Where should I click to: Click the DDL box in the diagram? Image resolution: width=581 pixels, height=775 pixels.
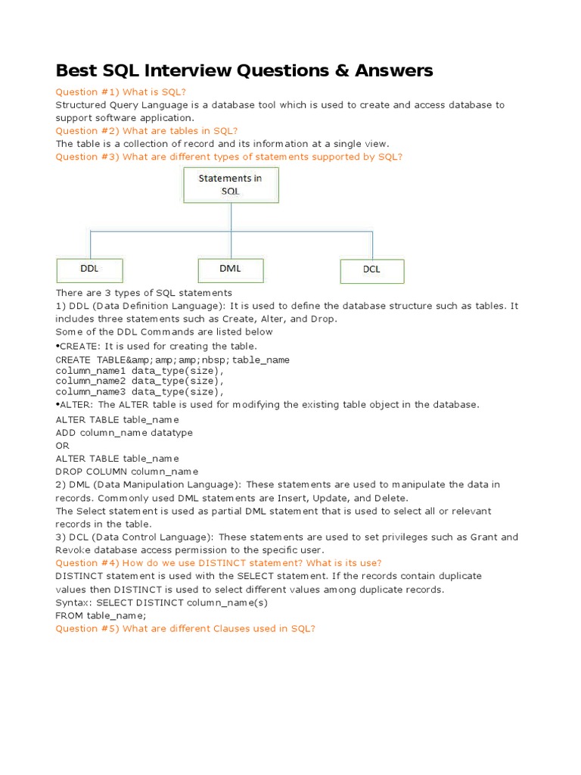(89, 270)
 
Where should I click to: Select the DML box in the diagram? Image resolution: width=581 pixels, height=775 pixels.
(231, 270)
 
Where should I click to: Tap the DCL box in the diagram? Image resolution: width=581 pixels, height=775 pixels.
(371, 271)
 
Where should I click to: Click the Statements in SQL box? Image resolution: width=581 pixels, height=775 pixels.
(231, 185)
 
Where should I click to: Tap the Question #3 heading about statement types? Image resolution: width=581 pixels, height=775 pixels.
(228, 157)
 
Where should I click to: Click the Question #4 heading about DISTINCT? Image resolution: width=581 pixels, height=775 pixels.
(219, 563)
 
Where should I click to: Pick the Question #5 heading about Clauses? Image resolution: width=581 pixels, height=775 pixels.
(185, 628)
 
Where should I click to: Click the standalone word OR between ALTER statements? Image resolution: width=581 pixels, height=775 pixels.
(63, 446)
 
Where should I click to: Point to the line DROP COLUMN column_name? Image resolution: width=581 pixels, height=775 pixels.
(127, 472)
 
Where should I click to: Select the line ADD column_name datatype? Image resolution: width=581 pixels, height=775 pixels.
(124, 433)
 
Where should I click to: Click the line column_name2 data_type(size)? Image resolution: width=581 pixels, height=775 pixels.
(140, 381)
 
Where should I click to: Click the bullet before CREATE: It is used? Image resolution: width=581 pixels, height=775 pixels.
(57, 347)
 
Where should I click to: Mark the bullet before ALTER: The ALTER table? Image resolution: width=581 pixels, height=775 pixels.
(57, 405)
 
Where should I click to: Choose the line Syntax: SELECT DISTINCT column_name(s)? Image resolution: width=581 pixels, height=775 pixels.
(162, 602)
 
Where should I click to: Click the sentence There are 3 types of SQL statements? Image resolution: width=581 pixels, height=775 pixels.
(144, 292)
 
